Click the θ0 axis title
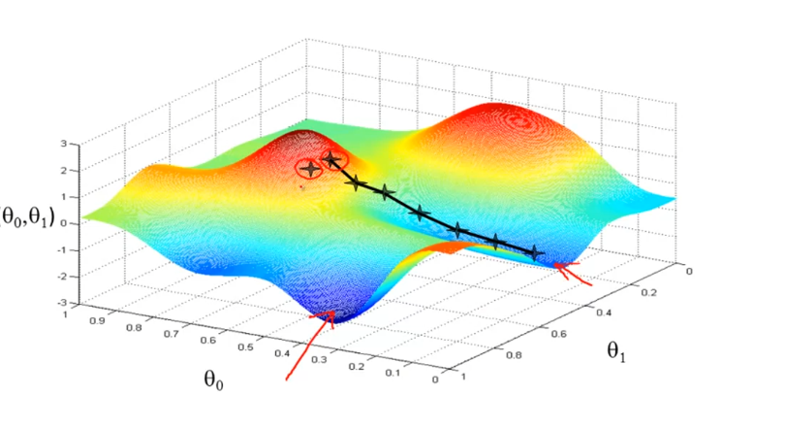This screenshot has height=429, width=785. [x=215, y=379]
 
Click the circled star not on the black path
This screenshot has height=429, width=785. [x=310, y=169]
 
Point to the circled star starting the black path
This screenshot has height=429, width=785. [x=332, y=159]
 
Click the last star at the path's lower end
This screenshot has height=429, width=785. [x=535, y=252]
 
